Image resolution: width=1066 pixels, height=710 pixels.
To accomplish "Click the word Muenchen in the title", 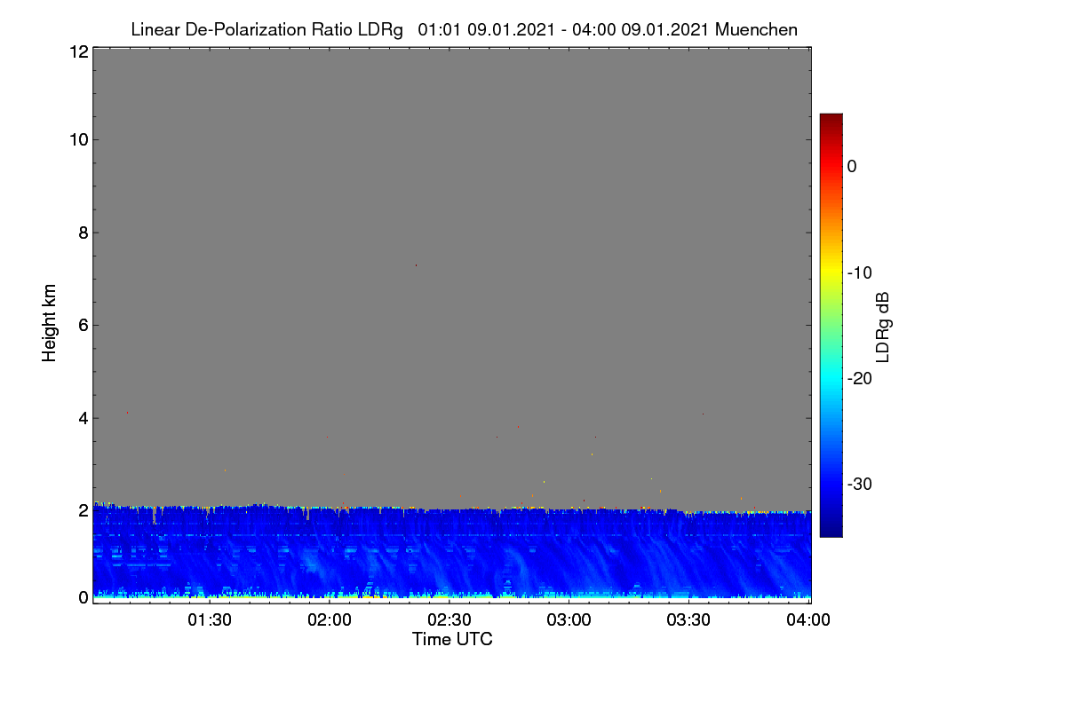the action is coord(756,29).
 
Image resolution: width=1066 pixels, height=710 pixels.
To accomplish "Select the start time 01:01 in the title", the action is coord(439,29).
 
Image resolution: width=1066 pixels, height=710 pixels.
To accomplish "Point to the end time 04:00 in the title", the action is coord(594,29).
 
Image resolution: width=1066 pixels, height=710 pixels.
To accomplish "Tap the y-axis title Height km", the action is coord(49,323).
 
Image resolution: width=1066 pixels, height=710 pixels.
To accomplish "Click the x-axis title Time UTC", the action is coord(452,639).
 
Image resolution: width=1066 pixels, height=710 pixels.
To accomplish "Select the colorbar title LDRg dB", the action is coord(883,327).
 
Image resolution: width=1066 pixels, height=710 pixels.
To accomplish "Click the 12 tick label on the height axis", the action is coord(79,51).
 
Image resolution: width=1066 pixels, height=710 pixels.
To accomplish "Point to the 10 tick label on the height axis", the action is coord(79,140).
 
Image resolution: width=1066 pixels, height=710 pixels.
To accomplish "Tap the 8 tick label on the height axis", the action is coord(84,233).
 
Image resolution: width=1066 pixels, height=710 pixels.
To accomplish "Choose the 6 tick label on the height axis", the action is coord(84,326).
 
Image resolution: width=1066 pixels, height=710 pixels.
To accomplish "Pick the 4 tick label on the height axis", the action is coord(84,418).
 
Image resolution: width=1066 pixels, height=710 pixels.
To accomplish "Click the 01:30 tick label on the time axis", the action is coord(210,619).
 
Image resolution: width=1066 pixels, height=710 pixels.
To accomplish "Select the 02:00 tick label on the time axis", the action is coord(330,619).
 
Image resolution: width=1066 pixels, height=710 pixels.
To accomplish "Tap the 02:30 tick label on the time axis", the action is coord(449,619).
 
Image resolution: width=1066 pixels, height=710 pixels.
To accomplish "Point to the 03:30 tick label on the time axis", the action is coord(688,619).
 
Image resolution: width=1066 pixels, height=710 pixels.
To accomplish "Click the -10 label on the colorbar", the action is coord(860,273).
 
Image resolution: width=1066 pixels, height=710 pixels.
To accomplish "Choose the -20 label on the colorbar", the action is coord(860,379).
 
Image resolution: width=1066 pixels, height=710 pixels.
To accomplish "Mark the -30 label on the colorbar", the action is coord(860,484).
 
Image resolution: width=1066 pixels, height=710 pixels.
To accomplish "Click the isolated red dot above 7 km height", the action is coord(416,265).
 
